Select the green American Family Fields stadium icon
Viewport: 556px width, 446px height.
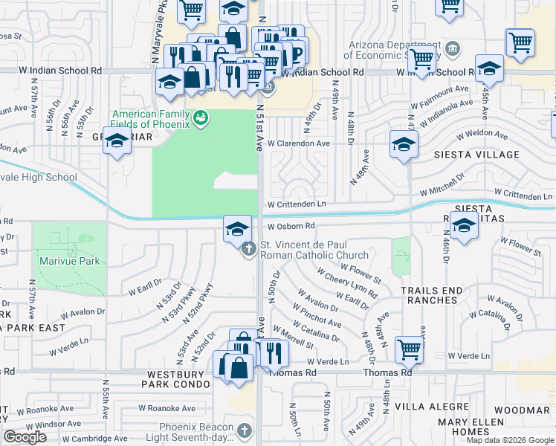point(199,117)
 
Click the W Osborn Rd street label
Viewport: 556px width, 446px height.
point(291,226)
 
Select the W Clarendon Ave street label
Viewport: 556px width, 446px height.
point(299,143)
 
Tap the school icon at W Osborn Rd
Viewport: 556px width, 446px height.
point(237,228)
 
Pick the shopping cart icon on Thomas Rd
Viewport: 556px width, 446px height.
point(410,348)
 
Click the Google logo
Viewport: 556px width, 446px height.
point(25,437)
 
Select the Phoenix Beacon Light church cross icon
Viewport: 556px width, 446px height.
point(245,430)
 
